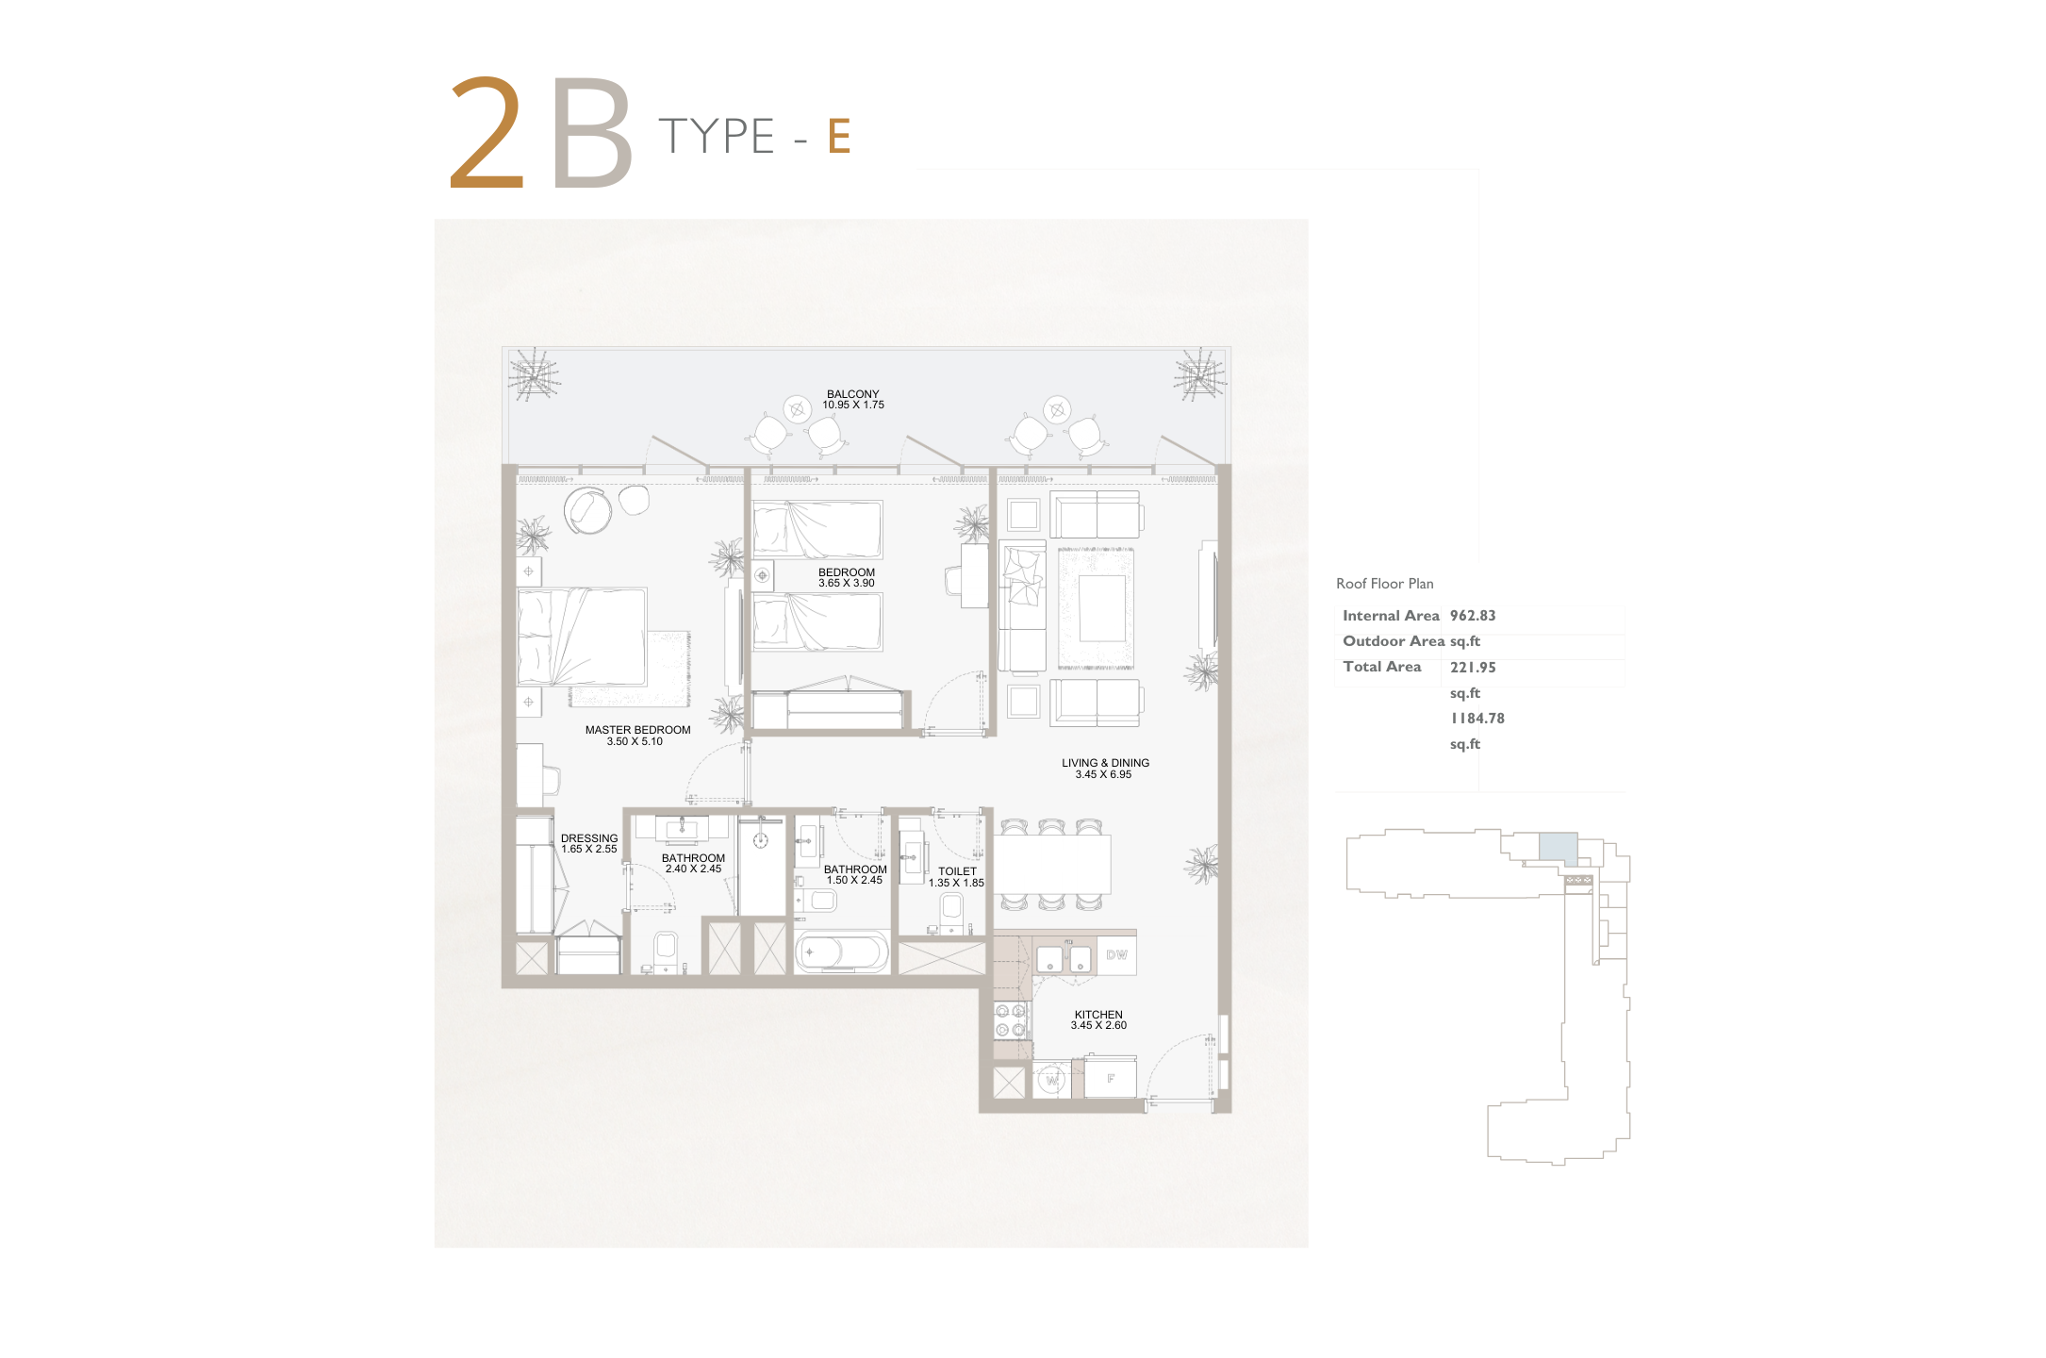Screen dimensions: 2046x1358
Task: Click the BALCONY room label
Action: point(853,394)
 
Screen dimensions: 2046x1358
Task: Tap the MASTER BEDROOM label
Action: point(637,730)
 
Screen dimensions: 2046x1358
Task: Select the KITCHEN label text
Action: point(1098,1015)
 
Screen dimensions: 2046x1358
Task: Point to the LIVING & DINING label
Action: point(1105,763)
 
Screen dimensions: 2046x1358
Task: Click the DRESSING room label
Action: point(589,838)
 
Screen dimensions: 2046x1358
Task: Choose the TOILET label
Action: point(957,872)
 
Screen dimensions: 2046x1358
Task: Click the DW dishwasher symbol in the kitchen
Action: point(1116,955)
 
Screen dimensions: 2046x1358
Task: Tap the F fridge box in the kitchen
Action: point(1110,1078)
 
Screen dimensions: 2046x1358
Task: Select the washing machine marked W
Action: point(1051,1080)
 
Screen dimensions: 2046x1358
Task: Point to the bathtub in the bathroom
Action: point(842,952)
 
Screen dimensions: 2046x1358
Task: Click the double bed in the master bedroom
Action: point(582,637)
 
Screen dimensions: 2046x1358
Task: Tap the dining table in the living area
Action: point(1051,864)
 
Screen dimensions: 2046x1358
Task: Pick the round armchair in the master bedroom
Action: point(587,511)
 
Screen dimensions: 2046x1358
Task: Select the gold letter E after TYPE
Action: point(839,136)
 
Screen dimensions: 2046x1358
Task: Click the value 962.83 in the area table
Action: point(1473,616)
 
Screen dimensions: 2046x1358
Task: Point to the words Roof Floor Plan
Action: point(1384,584)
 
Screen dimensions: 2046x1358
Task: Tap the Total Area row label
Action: point(1381,667)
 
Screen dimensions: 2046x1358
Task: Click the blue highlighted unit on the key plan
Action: point(1558,846)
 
